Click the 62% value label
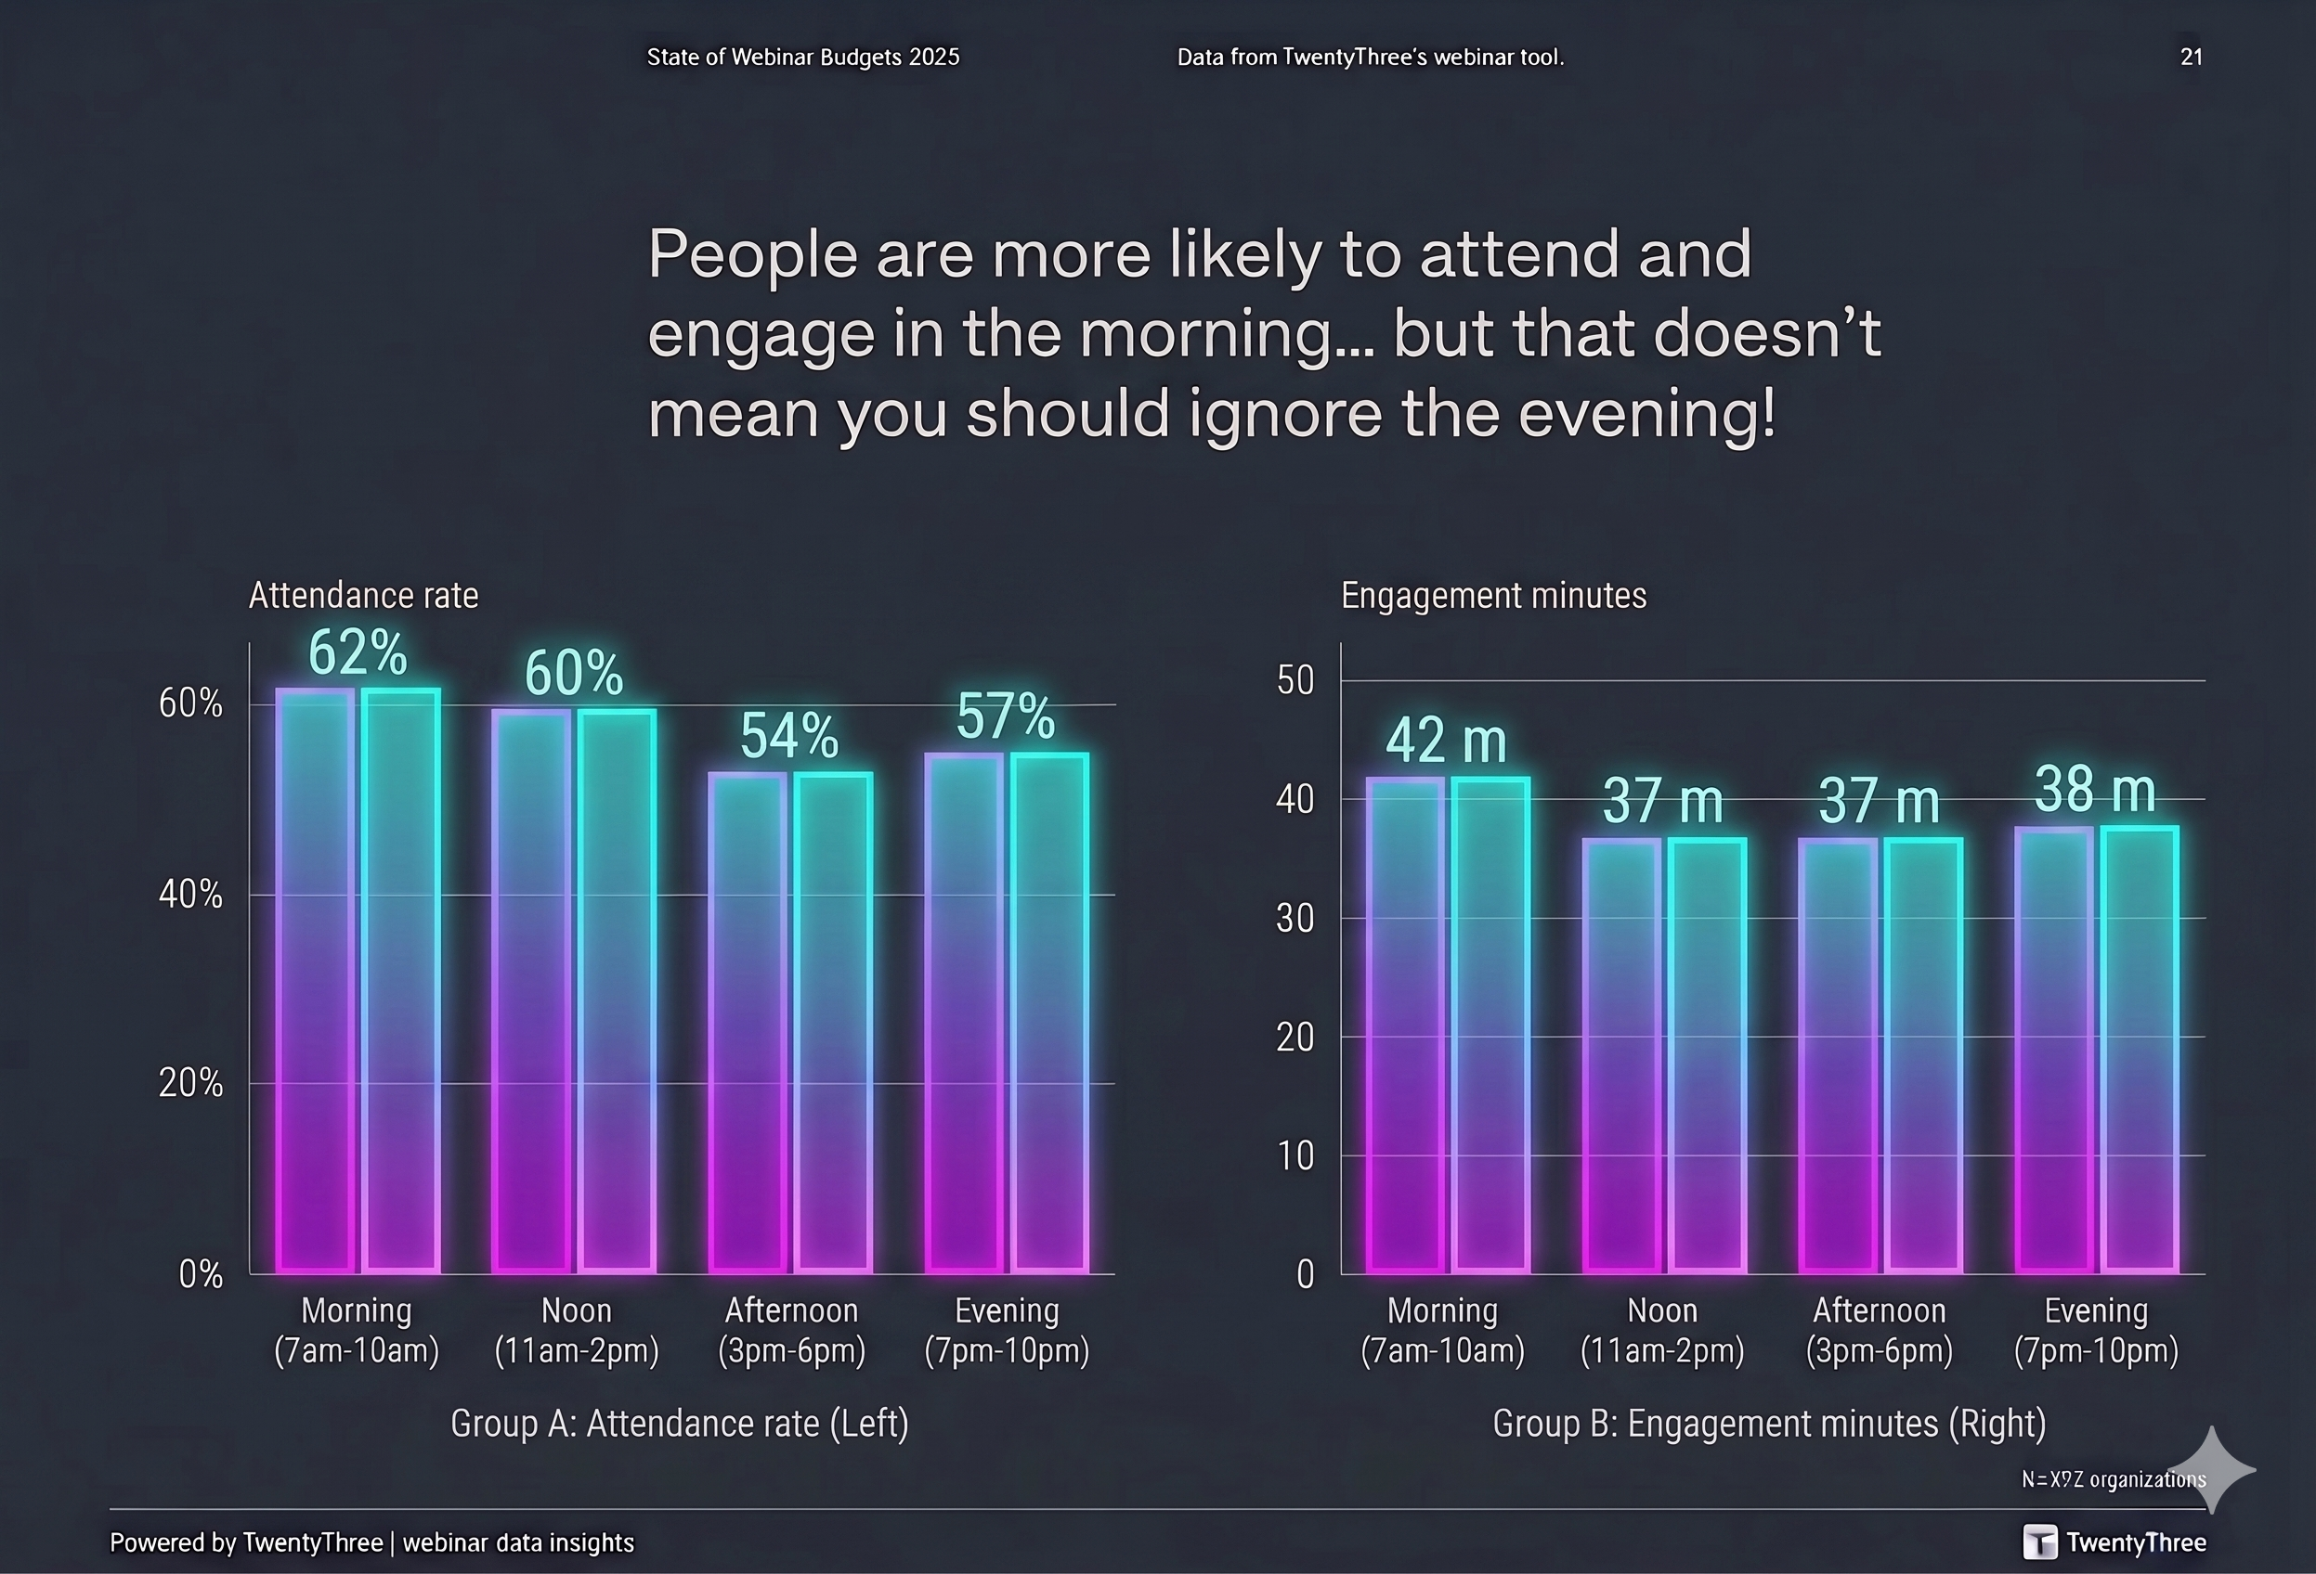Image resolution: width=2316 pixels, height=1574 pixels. [x=357, y=653]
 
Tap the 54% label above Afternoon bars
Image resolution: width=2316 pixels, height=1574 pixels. [x=788, y=736]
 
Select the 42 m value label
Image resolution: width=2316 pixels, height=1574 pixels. [x=1445, y=742]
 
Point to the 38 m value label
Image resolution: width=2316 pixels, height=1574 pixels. [x=2095, y=790]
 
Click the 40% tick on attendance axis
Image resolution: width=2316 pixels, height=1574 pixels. [x=190, y=895]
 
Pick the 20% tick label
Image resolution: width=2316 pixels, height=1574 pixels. [x=190, y=1083]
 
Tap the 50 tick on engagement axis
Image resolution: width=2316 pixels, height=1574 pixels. [x=1295, y=681]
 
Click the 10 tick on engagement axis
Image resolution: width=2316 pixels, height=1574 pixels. [x=1295, y=1155]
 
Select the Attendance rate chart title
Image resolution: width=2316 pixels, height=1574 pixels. [x=363, y=596]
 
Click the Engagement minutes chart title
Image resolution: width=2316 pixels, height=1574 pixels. [x=1493, y=596]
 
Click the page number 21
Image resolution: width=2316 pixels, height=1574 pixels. [x=2191, y=57]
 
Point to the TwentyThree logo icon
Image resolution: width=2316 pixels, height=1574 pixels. [x=2039, y=1542]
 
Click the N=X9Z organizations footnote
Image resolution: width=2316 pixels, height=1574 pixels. [x=2113, y=1479]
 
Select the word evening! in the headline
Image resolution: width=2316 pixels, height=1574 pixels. [x=1646, y=413]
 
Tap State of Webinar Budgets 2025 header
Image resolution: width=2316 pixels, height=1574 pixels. [x=802, y=57]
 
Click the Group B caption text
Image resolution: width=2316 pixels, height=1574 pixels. [x=1769, y=1424]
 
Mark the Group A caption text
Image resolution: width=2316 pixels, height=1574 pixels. [x=679, y=1424]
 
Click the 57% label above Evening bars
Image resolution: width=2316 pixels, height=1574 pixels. [x=1005, y=716]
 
